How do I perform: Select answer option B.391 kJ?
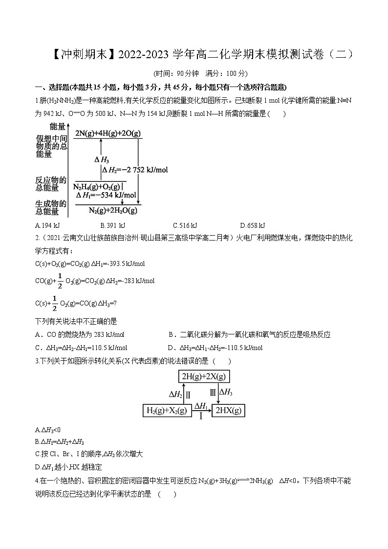click(112, 225)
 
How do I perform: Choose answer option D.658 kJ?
click(252, 225)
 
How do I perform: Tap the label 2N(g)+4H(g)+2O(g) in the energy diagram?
click(108, 132)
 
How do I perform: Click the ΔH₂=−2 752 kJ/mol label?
click(134, 170)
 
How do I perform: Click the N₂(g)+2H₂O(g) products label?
click(113, 210)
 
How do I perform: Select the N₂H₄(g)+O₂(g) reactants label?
click(97, 187)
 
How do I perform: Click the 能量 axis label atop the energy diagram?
click(57, 126)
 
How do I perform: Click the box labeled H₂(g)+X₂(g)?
click(167, 411)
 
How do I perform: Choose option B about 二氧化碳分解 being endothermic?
click(249, 335)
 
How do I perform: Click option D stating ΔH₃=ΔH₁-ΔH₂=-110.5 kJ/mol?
click(215, 348)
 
